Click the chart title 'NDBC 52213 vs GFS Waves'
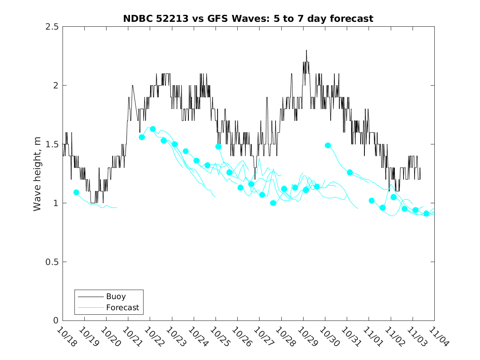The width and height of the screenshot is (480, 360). click(x=248, y=19)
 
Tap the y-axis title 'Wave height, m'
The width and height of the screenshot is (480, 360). click(x=37, y=174)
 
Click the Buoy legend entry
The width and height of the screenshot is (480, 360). click(x=116, y=296)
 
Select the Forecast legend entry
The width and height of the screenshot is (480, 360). click(x=122, y=307)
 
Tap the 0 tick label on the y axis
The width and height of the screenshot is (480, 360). click(x=56, y=321)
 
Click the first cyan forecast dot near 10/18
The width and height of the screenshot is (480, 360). click(x=76, y=192)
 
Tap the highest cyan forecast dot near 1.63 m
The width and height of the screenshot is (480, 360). click(x=153, y=129)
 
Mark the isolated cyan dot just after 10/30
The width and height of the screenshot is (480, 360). click(x=328, y=145)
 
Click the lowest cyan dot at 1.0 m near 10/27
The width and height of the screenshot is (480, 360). click(x=273, y=203)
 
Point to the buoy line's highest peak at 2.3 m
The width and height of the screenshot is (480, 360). click(x=306, y=50)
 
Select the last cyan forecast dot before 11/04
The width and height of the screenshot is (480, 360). click(x=426, y=213)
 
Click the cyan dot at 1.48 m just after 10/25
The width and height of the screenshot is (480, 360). click(x=218, y=146)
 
